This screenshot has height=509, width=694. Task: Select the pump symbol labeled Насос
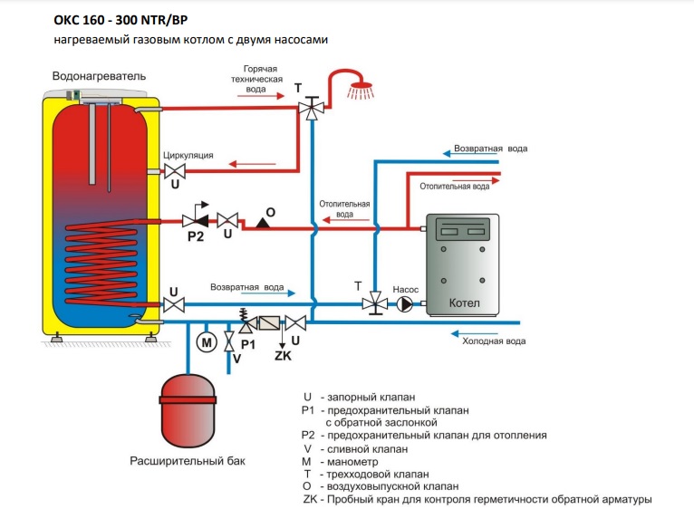click(404, 304)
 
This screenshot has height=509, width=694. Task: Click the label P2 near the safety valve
click(194, 235)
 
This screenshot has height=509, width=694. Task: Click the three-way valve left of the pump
click(371, 304)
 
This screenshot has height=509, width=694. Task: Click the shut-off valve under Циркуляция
click(174, 171)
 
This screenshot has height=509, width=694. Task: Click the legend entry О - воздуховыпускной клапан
click(381, 486)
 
